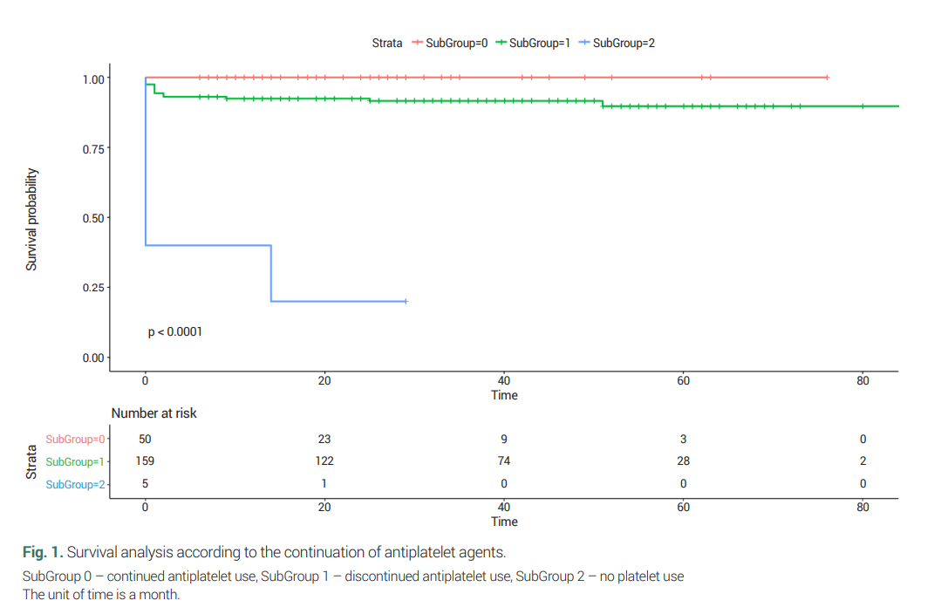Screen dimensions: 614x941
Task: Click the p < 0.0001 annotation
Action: pyautogui.click(x=175, y=331)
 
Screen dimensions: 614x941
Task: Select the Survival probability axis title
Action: pyautogui.click(x=31, y=218)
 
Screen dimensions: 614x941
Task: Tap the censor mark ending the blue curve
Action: pyautogui.click(x=406, y=301)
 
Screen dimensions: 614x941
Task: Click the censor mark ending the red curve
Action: pyautogui.click(x=827, y=78)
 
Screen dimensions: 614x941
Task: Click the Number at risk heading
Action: pyautogui.click(x=153, y=413)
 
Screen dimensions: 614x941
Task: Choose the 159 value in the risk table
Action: pyautogui.click(x=145, y=461)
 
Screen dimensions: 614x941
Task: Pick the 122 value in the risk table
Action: pyautogui.click(x=324, y=461)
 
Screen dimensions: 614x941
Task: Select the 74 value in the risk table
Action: pyautogui.click(x=504, y=461)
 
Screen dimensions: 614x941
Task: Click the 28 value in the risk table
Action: pyautogui.click(x=683, y=461)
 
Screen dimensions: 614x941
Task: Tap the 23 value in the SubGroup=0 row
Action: pyautogui.click(x=324, y=440)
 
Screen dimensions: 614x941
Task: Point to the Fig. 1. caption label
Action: pyautogui.click(x=43, y=552)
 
